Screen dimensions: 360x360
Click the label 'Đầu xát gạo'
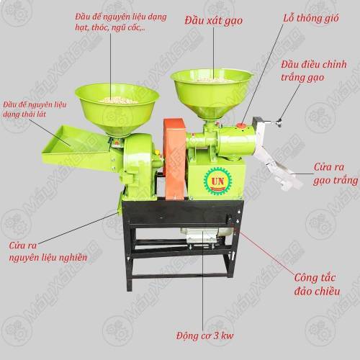[x=214, y=21]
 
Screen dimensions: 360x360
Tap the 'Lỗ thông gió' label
[x=311, y=18]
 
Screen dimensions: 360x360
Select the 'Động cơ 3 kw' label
[x=204, y=336]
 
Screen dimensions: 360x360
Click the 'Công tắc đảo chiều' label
[x=317, y=284]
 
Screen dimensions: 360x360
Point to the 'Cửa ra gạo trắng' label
[x=336, y=174]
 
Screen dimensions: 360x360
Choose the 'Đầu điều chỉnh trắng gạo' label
[x=314, y=71]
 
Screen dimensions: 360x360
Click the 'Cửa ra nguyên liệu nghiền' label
[x=48, y=251]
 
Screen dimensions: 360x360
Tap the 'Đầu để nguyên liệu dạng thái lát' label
[x=35, y=109]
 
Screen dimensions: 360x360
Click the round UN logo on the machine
[x=218, y=181]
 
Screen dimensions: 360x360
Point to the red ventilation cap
[x=241, y=125]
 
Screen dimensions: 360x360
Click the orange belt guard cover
[x=175, y=158]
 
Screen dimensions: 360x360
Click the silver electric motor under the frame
[x=207, y=235]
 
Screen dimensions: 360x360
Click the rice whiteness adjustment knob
[x=279, y=122]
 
